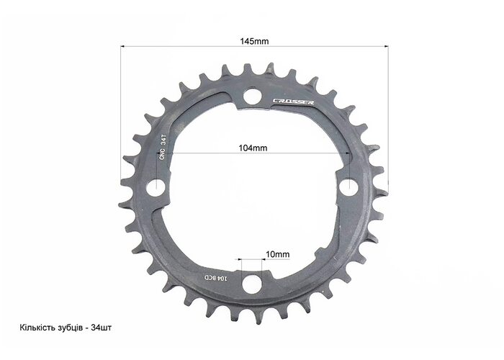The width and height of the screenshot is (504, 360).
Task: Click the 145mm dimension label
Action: click(254, 41)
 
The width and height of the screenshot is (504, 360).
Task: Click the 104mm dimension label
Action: click(253, 148)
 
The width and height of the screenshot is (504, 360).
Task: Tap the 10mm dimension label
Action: click(277, 254)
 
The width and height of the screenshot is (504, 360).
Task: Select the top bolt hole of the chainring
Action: click(252, 96)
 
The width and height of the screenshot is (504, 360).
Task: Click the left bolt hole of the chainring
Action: click(156, 187)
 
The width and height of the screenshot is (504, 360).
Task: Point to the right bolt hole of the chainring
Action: click(349, 186)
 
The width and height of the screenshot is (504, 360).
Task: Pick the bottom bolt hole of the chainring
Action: click(251, 284)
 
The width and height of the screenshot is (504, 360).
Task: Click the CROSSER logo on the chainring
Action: click(294, 102)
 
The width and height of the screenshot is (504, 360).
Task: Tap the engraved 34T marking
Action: click(163, 140)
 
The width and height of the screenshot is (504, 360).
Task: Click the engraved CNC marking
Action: click(162, 154)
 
